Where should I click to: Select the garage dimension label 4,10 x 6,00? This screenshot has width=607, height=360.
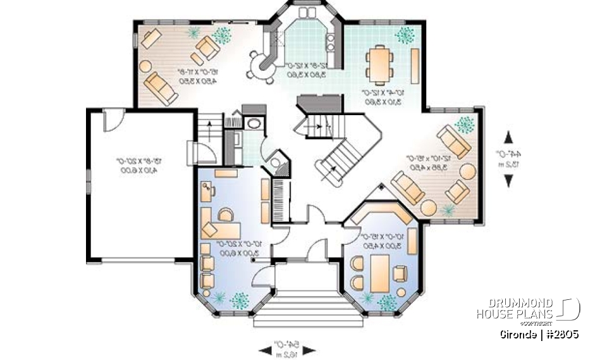140,170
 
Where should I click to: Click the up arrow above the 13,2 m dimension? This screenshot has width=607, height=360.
508,136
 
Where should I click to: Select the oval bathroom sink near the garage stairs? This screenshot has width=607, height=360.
254,123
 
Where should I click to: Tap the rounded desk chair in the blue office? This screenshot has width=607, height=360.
223,216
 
